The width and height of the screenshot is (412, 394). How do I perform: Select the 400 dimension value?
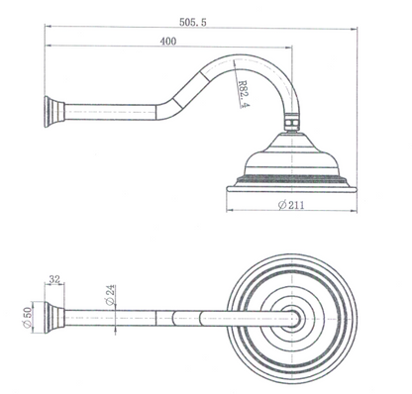(x=169, y=42)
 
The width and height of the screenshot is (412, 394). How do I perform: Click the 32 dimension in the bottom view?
(x=54, y=281)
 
